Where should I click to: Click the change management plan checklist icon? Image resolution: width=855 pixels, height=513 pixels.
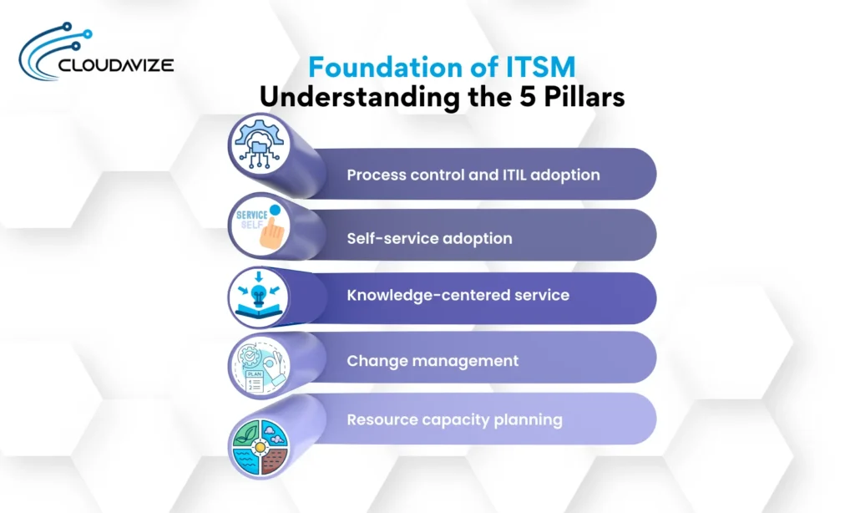click(x=260, y=364)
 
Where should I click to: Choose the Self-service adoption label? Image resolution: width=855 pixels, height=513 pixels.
click(x=429, y=238)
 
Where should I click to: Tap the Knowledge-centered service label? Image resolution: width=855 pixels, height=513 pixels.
click(x=458, y=295)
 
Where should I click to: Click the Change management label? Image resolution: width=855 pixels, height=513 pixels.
click(x=433, y=361)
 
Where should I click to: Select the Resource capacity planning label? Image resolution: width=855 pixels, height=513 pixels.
click(x=454, y=419)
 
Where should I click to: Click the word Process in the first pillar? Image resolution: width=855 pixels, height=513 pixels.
click(x=374, y=175)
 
